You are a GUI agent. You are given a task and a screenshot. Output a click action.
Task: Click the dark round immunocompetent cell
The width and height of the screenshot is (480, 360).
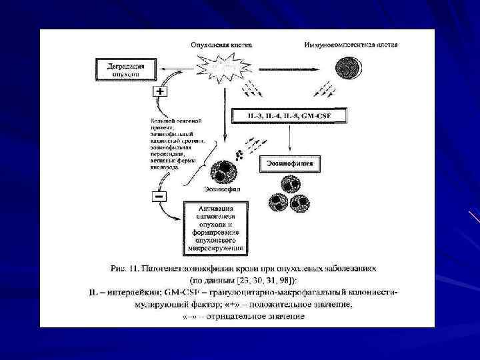(350, 69)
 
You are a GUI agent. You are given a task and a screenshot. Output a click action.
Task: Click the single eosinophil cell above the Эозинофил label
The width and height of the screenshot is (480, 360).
(222, 171)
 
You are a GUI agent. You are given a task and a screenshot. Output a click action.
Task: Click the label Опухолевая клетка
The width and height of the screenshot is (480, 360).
(221, 45)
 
